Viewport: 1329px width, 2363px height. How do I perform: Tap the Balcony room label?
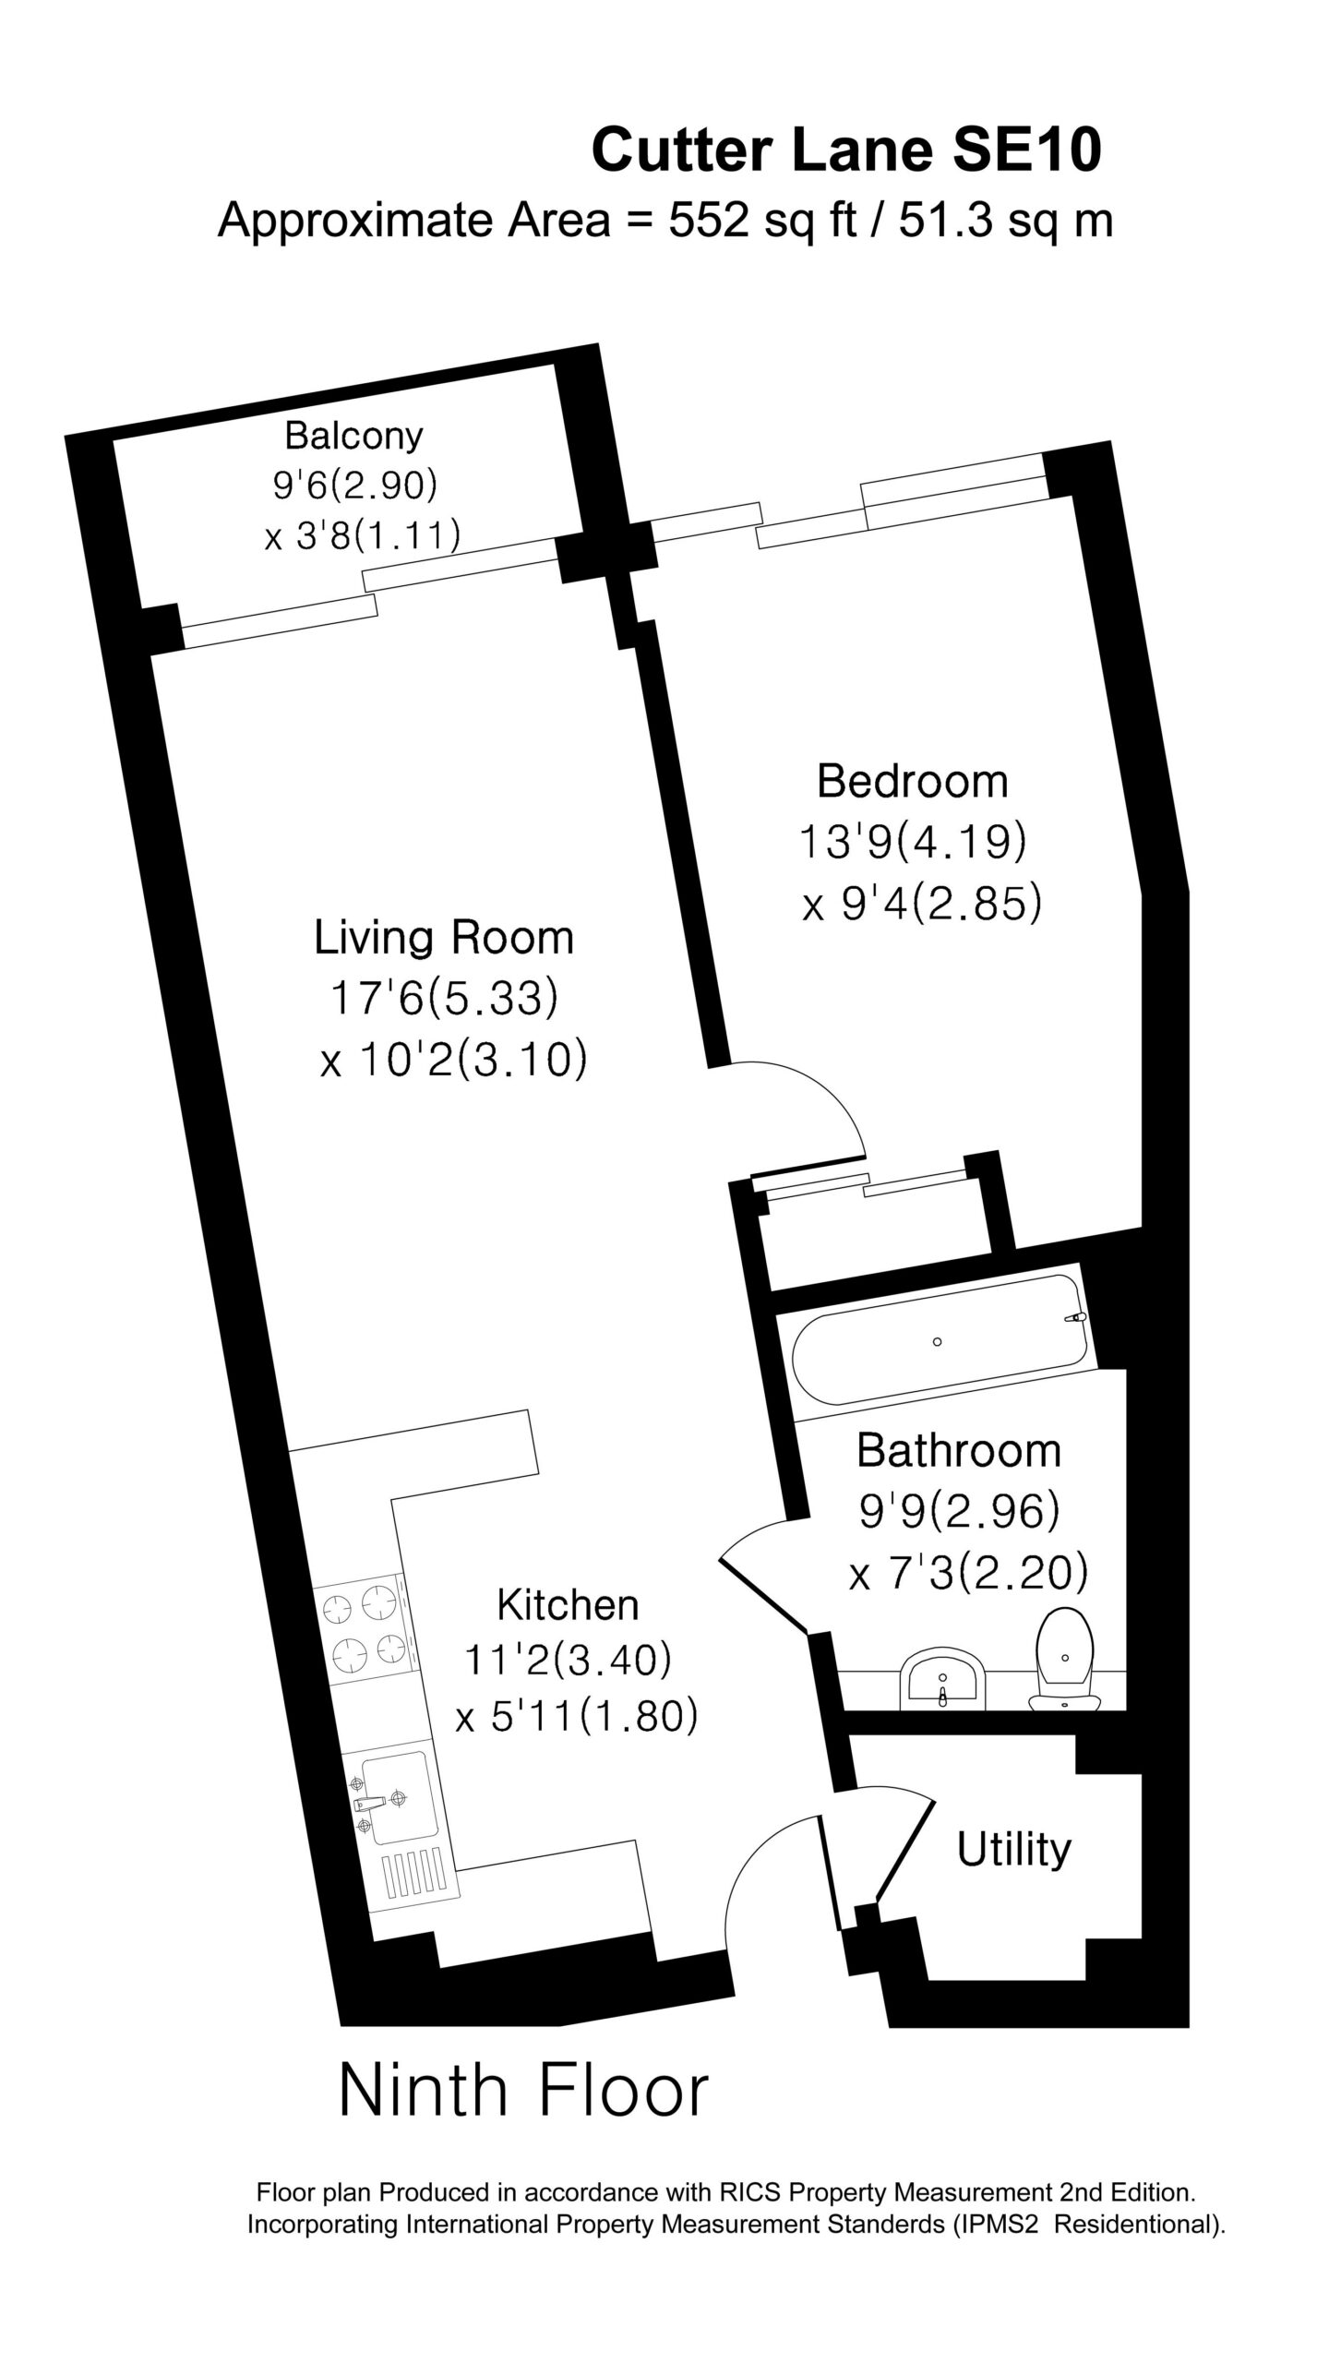tap(353, 435)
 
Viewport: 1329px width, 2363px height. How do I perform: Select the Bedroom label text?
tap(913, 781)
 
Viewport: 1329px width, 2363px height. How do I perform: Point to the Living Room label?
tap(444, 938)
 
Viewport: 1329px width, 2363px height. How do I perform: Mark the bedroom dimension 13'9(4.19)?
tap(913, 843)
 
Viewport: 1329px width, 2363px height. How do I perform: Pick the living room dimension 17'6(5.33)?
tap(444, 999)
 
